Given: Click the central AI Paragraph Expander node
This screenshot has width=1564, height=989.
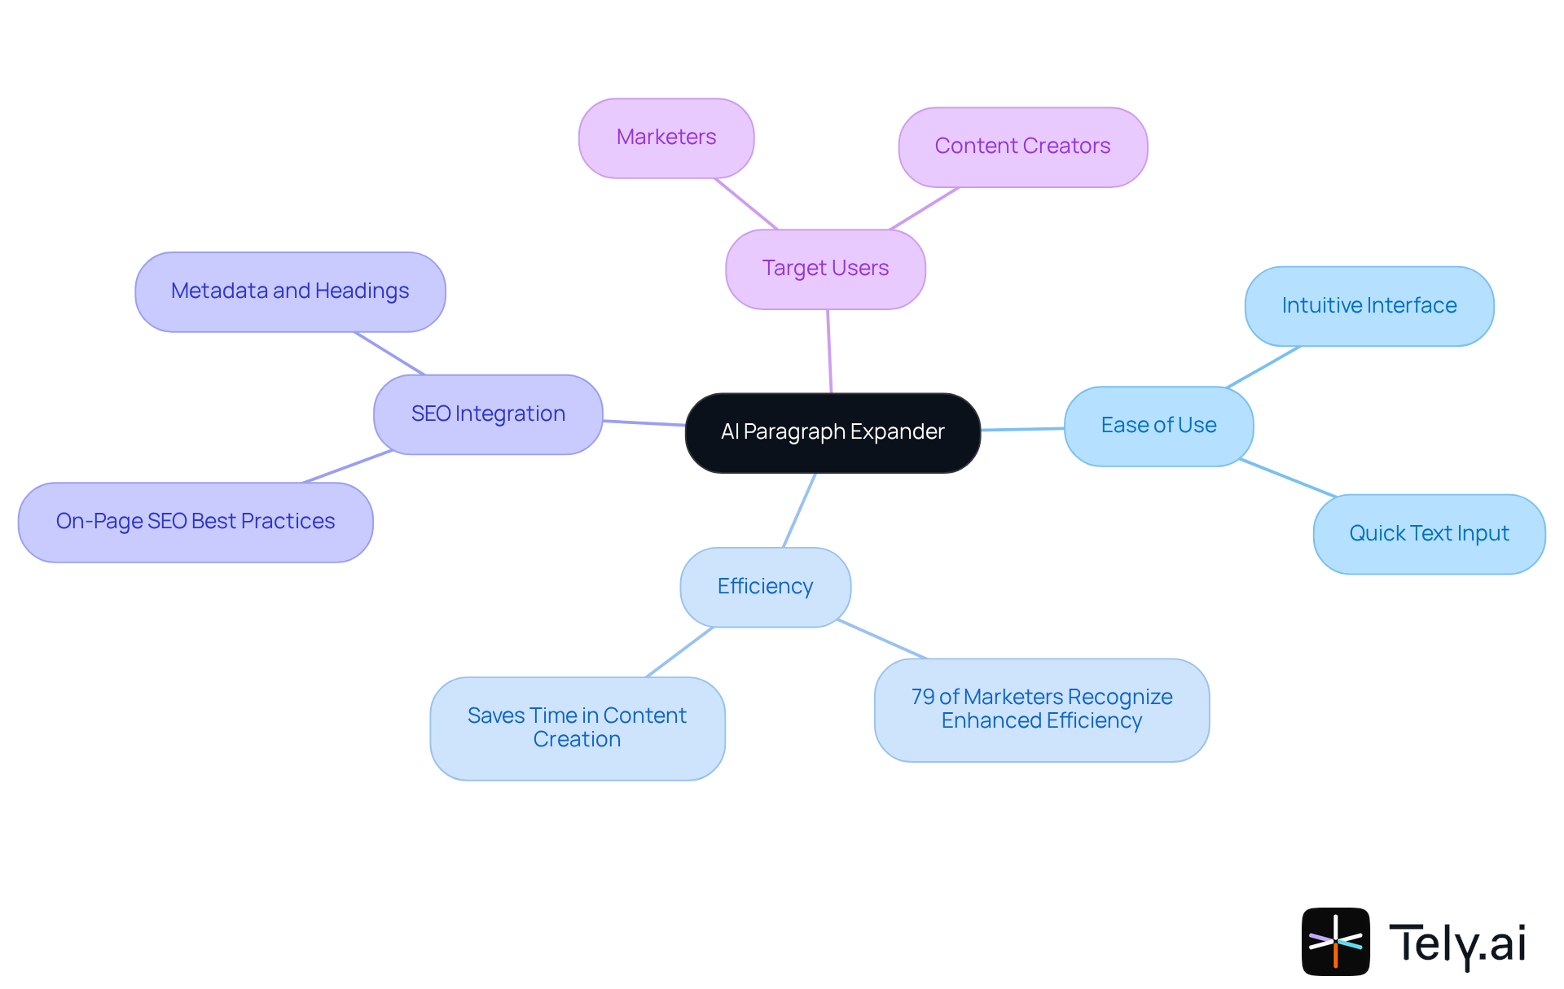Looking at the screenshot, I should [x=833, y=432].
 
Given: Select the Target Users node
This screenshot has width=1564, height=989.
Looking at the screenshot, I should [x=825, y=269].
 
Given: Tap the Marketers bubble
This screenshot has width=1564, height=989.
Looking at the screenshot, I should [x=666, y=138].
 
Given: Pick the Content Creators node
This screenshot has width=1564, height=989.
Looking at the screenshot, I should [x=1022, y=147].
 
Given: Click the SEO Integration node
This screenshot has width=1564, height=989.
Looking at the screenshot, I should [x=488, y=414].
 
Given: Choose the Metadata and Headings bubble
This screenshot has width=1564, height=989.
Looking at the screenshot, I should [x=290, y=291].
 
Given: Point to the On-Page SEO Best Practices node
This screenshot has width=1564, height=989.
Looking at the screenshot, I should [x=195, y=522].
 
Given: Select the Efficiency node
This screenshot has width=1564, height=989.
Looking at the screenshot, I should [x=765, y=587].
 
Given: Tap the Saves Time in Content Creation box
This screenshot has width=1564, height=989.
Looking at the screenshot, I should [x=577, y=728].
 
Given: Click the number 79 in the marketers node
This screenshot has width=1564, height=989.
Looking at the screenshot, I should [x=922, y=698].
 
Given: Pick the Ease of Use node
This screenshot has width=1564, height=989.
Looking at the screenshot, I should [x=1158, y=426].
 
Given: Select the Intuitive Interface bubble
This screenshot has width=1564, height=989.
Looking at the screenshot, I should [x=1368, y=306].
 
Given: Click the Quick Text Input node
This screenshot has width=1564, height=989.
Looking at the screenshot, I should [x=1429, y=534].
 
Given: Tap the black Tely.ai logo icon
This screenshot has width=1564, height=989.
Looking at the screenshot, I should [x=1335, y=942].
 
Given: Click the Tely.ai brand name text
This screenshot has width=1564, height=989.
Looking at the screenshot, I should [x=1457, y=943].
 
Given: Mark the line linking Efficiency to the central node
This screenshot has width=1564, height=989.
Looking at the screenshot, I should [x=799, y=510].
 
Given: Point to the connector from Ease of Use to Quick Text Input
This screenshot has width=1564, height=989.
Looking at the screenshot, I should [x=1287, y=478].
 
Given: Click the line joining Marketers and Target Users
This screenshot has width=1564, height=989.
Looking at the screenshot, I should [x=746, y=203].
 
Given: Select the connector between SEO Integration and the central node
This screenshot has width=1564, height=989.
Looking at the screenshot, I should [x=644, y=422].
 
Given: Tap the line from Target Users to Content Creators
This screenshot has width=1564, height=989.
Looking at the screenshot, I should [x=925, y=208].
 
